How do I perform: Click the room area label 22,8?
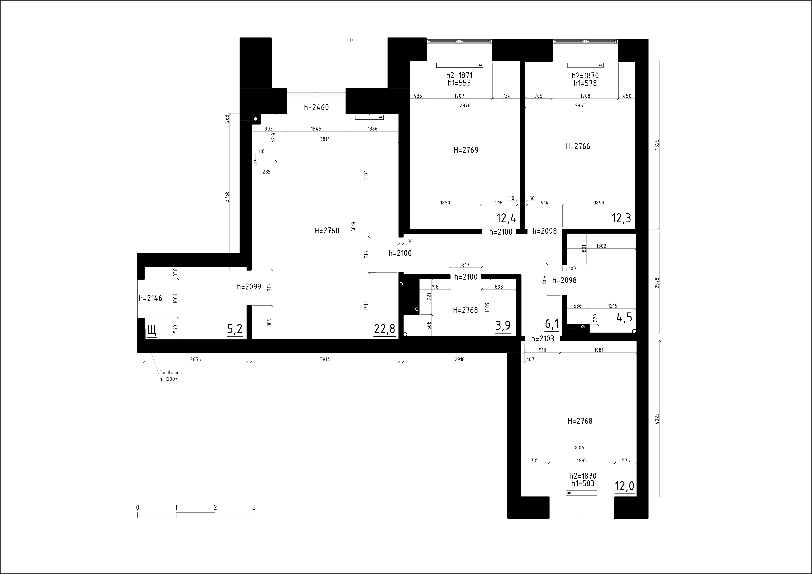click(384, 329)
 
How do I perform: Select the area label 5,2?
click(235, 329)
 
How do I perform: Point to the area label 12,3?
click(621, 218)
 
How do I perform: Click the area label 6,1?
click(552, 323)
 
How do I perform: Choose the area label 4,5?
click(624, 318)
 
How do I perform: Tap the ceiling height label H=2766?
click(578, 146)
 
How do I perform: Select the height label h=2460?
click(317, 107)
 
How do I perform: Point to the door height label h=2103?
click(543, 339)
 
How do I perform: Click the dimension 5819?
click(353, 227)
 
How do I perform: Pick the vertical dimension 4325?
click(657, 145)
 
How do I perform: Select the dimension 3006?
click(579, 448)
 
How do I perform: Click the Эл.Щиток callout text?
click(171, 373)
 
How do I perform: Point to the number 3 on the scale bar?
click(254, 508)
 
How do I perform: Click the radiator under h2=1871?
click(459, 65)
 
